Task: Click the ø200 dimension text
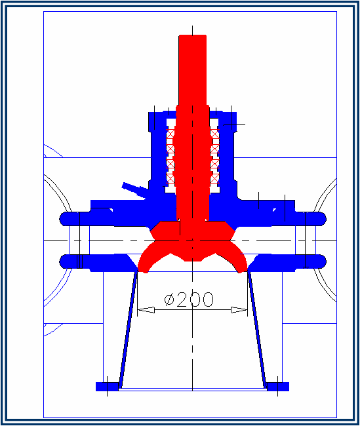(x=190, y=300)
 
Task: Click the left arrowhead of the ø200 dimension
(x=144, y=309)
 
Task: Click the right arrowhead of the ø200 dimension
(x=241, y=309)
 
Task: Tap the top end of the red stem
(x=192, y=38)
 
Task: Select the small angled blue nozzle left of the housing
(x=134, y=189)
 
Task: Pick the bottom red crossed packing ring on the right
(x=214, y=178)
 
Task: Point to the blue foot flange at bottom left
(x=106, y=387)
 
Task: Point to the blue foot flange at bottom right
(x=278, y=387)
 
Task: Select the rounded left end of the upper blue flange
(x=65, y=218)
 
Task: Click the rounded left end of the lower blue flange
(x=65, y=261)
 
